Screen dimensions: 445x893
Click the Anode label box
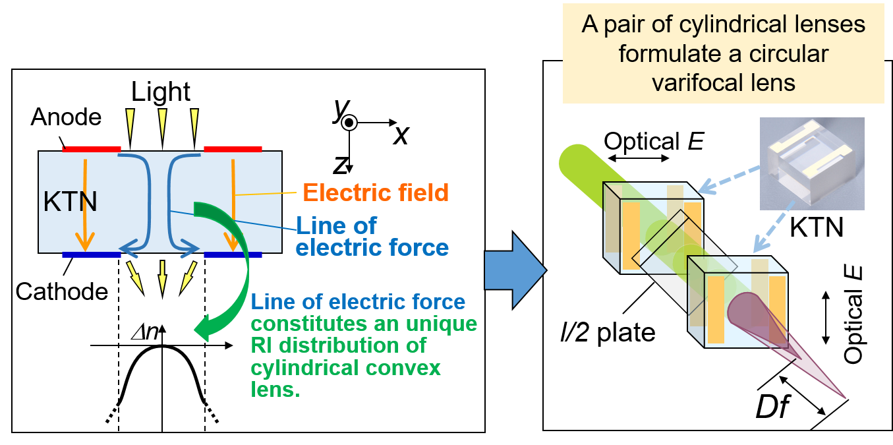pyautogui.click(x=66, y=117)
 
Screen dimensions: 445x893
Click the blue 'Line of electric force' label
pyautogui.click(x=372, y=236)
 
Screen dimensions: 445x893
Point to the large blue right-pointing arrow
pyautogui.click(x=514, y=270)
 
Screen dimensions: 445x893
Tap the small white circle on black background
pyautogui.click(x=349, y=123)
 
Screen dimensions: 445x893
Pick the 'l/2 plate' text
pyautogui.click(x=604, y=332)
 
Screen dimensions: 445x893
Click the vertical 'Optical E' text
pyautogui.click(x=854, y=315)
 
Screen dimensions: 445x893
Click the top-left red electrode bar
pyautogui.click(x=92, y=149)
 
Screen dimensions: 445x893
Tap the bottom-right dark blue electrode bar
pyautogui.click(x=233, y=254)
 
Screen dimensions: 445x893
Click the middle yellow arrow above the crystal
pyautogui.click(x=161, y=124)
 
